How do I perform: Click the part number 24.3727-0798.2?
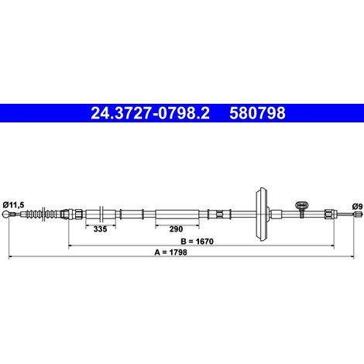(150, 113)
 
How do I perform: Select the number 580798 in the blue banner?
(257, 113)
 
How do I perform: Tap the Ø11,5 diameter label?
(13, 205)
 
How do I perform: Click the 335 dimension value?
(100, 229)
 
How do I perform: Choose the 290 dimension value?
(176, 229)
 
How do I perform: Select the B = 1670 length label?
(197, 242)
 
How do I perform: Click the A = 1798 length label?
(170, 252)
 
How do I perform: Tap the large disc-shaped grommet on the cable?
(262, 214)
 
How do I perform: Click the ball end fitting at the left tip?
(6, 214)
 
